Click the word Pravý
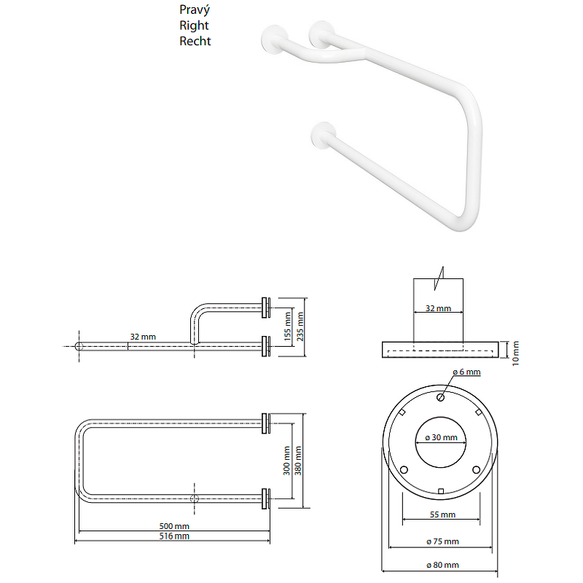tap(195, 9)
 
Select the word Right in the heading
tap(194, 26)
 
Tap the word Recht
tap(195, 41)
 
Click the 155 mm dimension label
tap(288, 334)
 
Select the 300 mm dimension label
tap(287, 461)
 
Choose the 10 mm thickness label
tap(514, 351)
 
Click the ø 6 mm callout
tap(466, 372)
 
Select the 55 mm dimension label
tap(441, 514)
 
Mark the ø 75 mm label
tap(441, 541)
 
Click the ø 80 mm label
tap(441, 566)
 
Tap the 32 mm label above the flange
tap(438, 308)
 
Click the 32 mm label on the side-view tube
tap(143, 337)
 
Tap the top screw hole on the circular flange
tap(441, 398)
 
